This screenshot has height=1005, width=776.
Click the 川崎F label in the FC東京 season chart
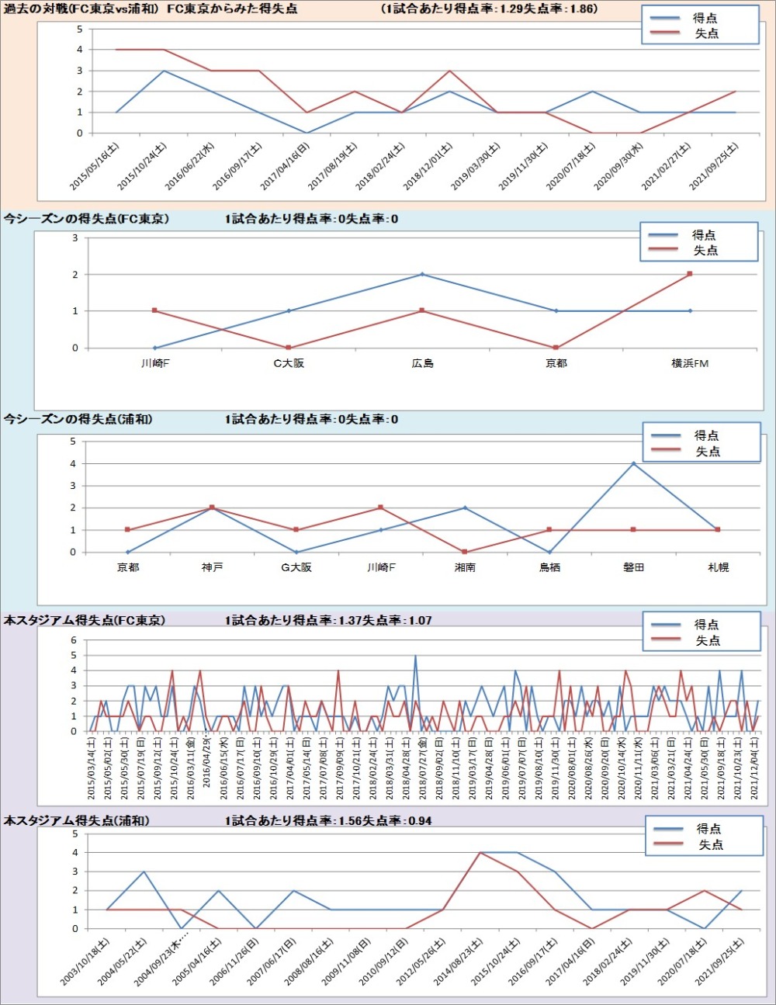point(155,363)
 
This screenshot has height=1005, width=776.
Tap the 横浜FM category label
point(690,363)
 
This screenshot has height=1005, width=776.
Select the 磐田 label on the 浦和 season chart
point(633,567)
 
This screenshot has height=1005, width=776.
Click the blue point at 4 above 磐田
point(633,463)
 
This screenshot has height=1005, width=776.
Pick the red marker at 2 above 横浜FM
point(690,274)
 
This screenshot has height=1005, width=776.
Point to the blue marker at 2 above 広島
point(422,274)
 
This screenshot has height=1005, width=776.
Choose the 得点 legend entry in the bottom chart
point(708,829)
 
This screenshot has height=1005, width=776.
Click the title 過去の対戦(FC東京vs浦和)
point(81,9)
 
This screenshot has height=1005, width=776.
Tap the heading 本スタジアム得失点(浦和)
point(76,820)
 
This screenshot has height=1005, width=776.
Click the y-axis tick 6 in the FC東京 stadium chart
point(74,640)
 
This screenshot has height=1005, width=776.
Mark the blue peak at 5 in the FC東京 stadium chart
point(415,656)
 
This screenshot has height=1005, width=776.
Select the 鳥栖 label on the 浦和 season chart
point(549,567)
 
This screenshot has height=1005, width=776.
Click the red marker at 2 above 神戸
point(212,508)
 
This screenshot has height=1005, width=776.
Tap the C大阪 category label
point(289,363)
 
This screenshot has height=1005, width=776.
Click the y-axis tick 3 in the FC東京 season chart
point(75,237)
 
